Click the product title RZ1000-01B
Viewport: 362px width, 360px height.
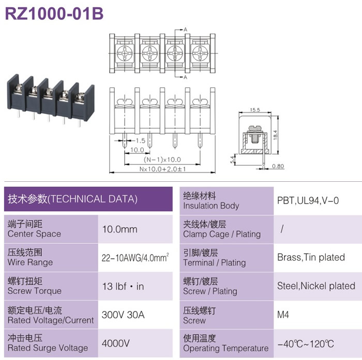[54, 13]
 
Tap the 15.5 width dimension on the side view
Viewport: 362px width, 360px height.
[255, 110]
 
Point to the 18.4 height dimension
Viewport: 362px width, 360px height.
[275, 134]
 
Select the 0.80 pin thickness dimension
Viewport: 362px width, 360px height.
[278, 166]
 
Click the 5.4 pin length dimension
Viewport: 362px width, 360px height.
[232, 159]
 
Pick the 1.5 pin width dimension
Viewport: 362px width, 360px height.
[140, 140]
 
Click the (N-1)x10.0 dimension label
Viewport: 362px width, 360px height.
[162, 160]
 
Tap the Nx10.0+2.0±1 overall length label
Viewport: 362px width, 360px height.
[162, 169]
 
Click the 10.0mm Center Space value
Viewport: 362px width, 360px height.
[120, 229]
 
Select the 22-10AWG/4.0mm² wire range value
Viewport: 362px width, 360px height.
[135, 257]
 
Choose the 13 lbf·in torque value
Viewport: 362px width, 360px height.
[123, 286]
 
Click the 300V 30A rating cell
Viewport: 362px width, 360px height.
[123, 315]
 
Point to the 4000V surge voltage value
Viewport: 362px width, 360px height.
[116, 343]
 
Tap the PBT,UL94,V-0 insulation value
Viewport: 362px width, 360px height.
[308, 200]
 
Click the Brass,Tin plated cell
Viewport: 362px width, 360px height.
[311, 257]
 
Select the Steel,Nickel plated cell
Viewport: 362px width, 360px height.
[316, 286]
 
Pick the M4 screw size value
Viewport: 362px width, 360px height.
[283, 315]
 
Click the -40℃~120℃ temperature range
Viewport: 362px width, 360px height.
[306, 344]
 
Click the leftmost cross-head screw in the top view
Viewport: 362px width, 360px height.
[125, 53]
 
